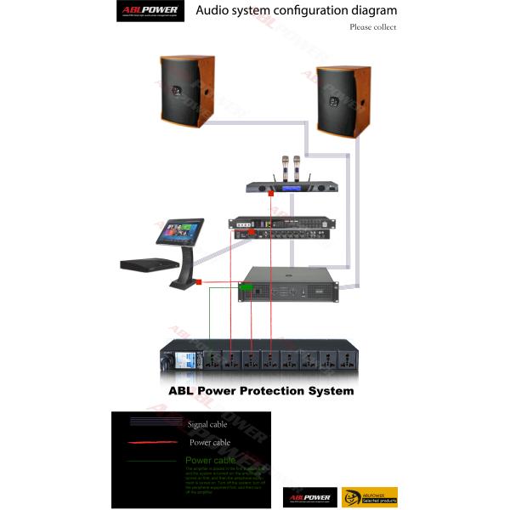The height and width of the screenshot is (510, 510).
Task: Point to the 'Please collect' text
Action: [372, 27]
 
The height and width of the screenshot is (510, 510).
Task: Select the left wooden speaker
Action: [186, 93]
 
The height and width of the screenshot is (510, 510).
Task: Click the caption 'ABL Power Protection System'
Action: [261, 392]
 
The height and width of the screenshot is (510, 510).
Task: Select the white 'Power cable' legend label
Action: [210, 442]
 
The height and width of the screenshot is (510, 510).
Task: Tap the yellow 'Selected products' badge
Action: [369, 496]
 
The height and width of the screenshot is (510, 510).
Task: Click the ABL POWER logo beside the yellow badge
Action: [308, 496]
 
